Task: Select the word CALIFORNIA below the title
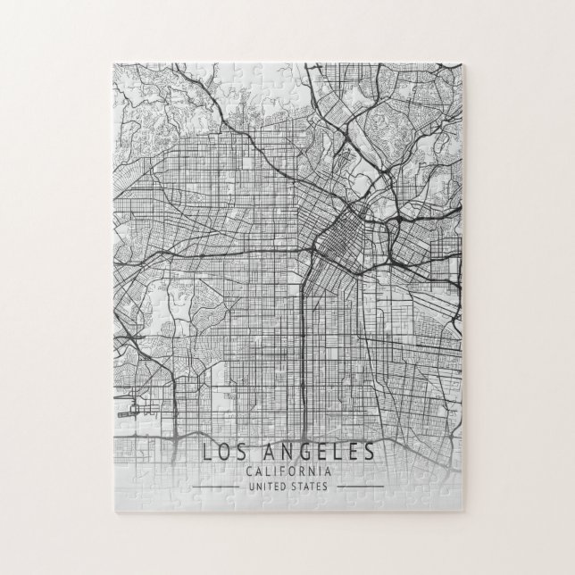[x=287, y=471]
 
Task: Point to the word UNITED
[x=261, y=487]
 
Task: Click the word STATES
[x=309, y=487]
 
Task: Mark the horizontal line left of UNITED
[x=210, y=487]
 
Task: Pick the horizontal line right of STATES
[x=363, y=487]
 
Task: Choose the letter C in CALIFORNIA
[x=246, y=471]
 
